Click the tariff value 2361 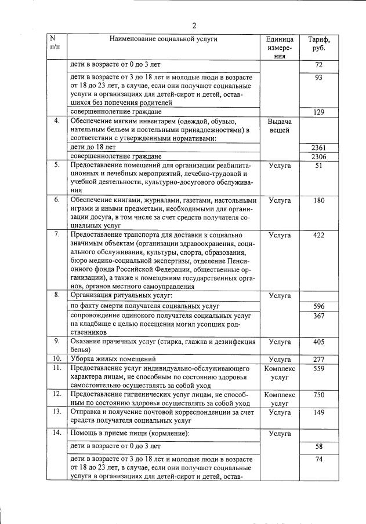318,148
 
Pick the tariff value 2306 318,157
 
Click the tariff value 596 318,306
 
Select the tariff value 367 318,316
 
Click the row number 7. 57,235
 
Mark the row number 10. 57,359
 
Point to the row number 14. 57,433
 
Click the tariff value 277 318,359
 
